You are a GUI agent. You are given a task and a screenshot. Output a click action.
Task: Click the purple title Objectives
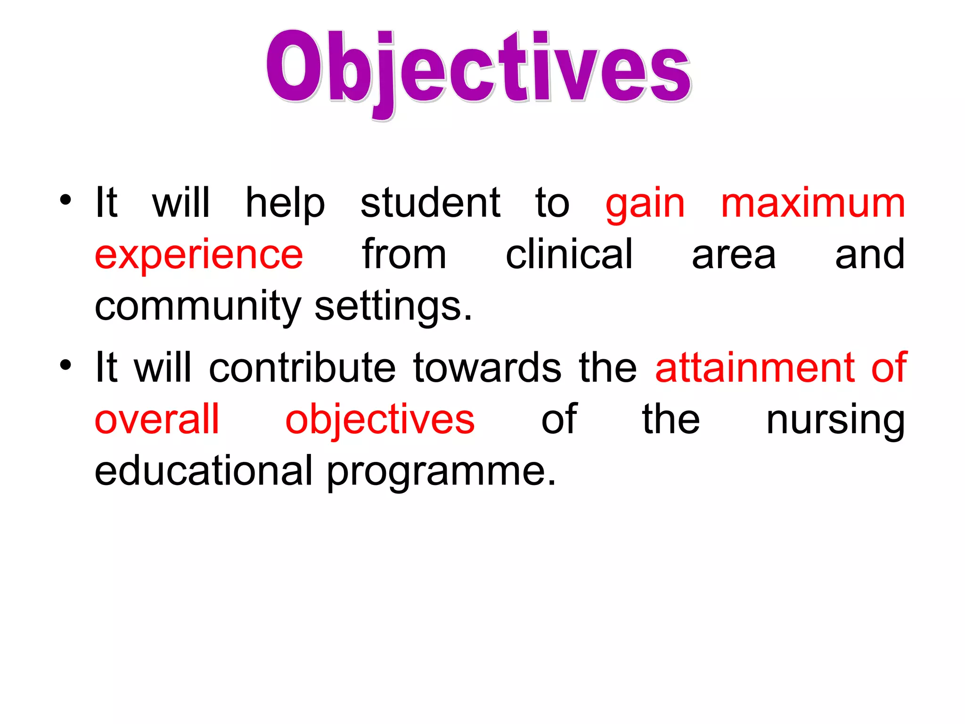[x=478, y=71]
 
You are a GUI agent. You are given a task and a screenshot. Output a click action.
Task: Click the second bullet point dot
[x=65, y=364]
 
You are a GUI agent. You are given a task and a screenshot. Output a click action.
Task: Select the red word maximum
[x=813, y=204]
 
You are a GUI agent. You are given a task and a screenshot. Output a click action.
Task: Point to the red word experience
[x=198, y=256]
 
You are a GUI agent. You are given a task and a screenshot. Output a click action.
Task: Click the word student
[x=430, y=204]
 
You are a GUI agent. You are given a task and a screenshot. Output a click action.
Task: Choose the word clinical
[x=569, y=255]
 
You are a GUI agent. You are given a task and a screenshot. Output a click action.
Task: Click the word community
[x=197, y=308]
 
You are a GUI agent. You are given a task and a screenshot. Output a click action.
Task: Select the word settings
[x=393, y=308]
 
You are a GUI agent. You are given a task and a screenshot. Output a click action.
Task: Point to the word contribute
[x=302, y=368]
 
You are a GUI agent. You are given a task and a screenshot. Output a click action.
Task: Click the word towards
[x=487, y=368]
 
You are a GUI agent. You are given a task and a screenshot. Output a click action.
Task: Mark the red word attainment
[x=755, y=368]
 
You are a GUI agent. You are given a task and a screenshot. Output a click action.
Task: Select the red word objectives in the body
[x=380, y=421]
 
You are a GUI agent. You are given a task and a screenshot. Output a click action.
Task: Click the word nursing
[x=835, y=421]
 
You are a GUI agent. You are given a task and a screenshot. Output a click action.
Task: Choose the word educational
[x=204, y=471]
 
